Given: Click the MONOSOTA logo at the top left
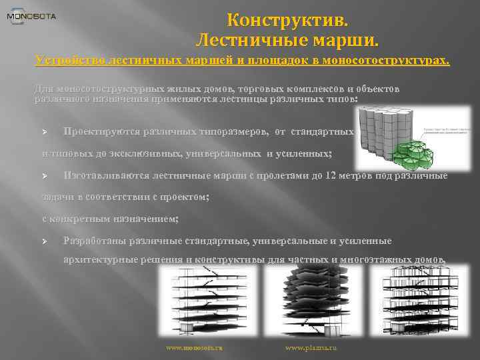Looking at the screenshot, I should (x=31, y=16).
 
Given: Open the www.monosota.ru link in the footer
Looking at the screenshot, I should (x=194, y=348).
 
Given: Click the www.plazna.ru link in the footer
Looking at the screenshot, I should (x=311, y=348).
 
